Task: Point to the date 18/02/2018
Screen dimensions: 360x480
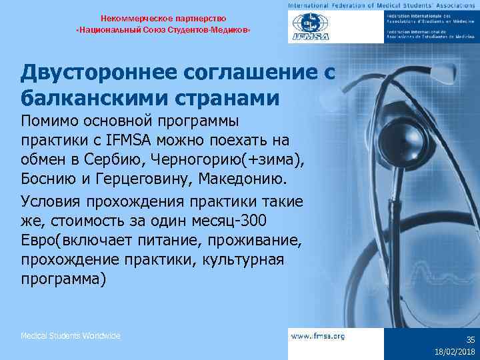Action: pyautogui.click(x=453, y=351)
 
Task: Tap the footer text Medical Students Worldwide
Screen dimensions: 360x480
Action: pyautogui.click(x=71, y=336)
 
